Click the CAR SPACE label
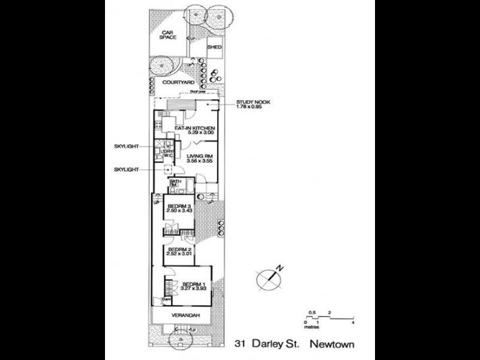[x=168, y=34]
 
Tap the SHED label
[x=213, y=46]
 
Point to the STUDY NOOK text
[x=253, y=103]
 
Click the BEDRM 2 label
[x=179, y=250]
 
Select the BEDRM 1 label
[x=194, y=283]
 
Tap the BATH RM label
[x=175, y=182]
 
